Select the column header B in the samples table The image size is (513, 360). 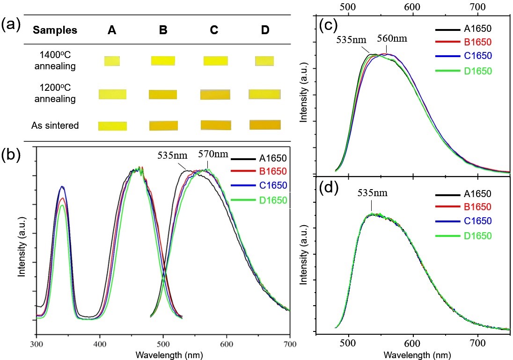coord(162,30)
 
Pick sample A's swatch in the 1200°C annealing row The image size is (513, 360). coord(112,94)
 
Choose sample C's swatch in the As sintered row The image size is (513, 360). coord(215,125)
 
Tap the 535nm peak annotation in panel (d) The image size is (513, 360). coord(373,192)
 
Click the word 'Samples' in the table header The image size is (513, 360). coord(55,30)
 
